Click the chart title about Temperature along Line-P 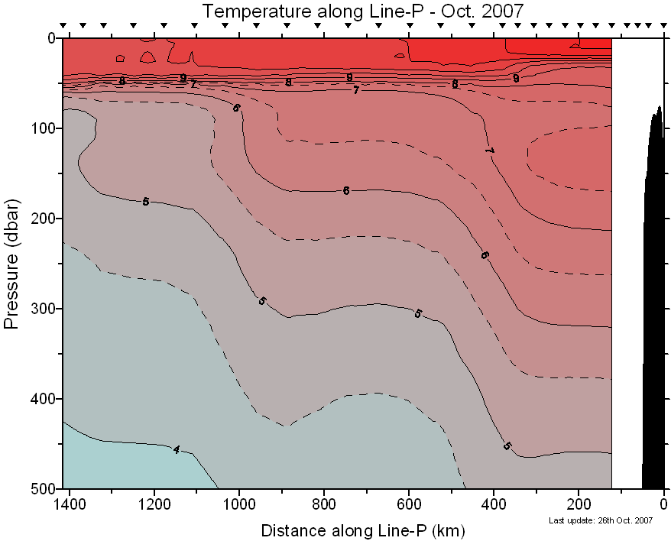click(x=363, y=11)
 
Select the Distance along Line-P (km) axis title click(x=363, y=530)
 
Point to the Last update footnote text click(x=601, y=520)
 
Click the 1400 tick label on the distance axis click(x=70, y=504)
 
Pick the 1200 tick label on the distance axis click(x=154, y=504)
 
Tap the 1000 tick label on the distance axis click(x=239, y=504)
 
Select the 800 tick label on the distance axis click(x=324, y=504)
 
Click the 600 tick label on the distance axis click(x=409, y=504)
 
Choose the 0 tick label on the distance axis click(x=663, y=504)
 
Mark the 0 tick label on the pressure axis click(x=50, y=38)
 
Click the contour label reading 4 click(x=177, y=449)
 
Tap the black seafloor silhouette click(x=655, y=306)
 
